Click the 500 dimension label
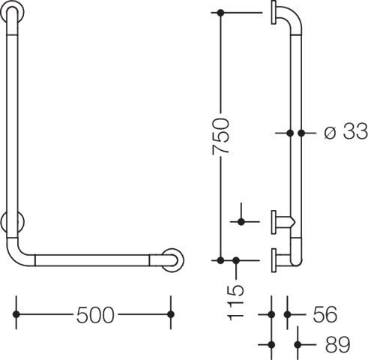tap(95, 315)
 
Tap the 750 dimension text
tap(220, 136)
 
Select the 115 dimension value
tap(235, 303)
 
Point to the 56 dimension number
tap(325, 314)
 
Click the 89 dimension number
tap(338, 344)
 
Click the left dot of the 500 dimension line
tap(16, 314)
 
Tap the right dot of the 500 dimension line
tap(171, 314)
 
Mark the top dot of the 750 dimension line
tap(220, 13)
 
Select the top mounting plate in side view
tap(274, 13)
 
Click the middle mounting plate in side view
tap(274, 222)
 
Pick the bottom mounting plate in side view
tap(274, 260)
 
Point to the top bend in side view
tap(292, 15)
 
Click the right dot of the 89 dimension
tap(298, 345)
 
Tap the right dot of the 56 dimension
tap(288, 314)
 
